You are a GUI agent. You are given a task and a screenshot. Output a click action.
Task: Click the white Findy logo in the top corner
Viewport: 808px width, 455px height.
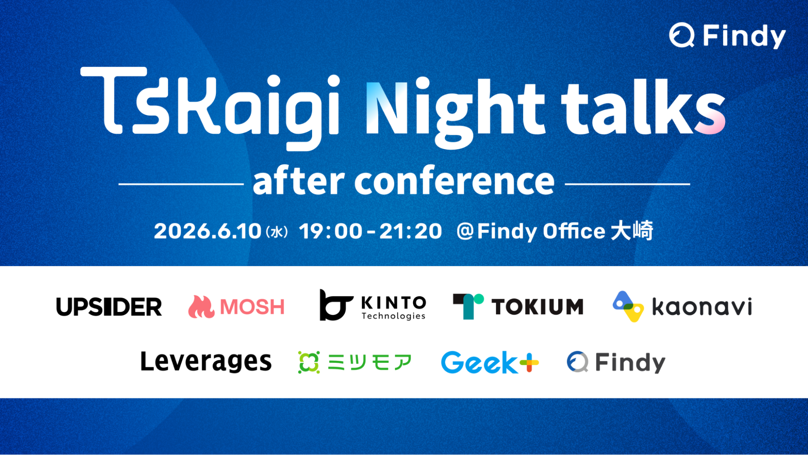727,36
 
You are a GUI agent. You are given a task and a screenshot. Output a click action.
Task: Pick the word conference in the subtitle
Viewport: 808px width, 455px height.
454,181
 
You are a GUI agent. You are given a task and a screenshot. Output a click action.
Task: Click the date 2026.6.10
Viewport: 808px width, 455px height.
208,231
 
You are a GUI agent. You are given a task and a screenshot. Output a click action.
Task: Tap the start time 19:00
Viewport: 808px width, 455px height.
331,231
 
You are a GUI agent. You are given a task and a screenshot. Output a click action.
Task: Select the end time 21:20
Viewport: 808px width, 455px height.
411,231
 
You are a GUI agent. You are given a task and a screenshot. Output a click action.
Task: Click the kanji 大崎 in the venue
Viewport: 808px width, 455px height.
632,231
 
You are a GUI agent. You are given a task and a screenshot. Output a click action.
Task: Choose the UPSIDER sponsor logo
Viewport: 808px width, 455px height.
109,307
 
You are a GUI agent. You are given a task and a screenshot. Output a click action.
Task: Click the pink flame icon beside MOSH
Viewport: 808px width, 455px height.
201,307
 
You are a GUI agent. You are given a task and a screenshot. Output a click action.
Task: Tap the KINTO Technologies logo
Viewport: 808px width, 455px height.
373,305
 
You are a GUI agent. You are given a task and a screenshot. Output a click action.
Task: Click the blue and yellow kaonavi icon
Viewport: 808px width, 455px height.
628,306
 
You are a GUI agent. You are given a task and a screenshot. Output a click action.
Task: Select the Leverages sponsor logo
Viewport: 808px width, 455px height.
206,362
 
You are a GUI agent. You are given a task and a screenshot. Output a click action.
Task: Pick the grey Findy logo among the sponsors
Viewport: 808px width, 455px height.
616,362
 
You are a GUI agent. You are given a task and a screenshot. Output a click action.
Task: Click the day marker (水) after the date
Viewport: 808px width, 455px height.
277,232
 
